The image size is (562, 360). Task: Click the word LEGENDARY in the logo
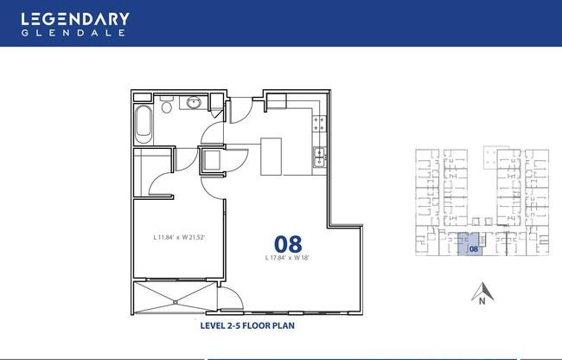[x=75, y=19]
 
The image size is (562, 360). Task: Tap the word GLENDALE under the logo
[x=73, y=33]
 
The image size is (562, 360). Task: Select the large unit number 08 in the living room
[x=288, y=244]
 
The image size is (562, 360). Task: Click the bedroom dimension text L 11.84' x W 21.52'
[x=179, y=237]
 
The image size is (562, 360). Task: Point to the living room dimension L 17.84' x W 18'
[x=287, y=257]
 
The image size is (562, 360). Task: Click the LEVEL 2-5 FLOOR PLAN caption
[x=247, y=325]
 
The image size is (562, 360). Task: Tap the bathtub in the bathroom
[x=144, y=124]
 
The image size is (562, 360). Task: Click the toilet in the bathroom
[x=166, y=105]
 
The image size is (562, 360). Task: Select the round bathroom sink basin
[x=194, y=103]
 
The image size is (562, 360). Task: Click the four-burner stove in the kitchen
[x=319, y=124]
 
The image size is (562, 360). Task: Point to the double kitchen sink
[x=319, y=157]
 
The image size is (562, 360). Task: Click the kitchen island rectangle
[x=271, y=157]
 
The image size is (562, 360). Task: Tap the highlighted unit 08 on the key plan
[x=469, y=244]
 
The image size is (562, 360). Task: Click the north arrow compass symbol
[x=482, y=291]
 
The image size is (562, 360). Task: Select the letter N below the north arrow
[x=482, y=301]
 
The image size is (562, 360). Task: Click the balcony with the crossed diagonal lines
[x=176, y=298]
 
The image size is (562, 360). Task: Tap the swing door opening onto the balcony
[x=230, y=299]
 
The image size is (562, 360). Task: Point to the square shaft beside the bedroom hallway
[x=212, y=160]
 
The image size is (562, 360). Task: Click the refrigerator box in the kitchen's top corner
[x=277, y=100]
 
